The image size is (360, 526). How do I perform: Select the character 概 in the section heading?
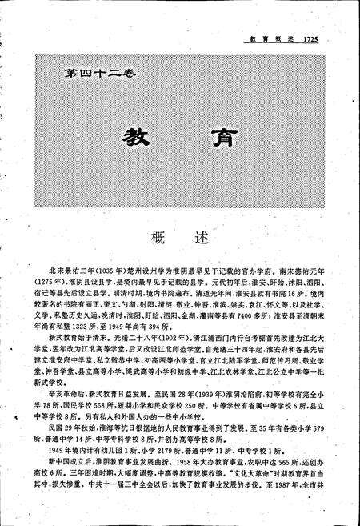(157, 238)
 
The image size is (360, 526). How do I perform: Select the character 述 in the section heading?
(200, 238)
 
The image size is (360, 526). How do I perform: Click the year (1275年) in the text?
(46, 284)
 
